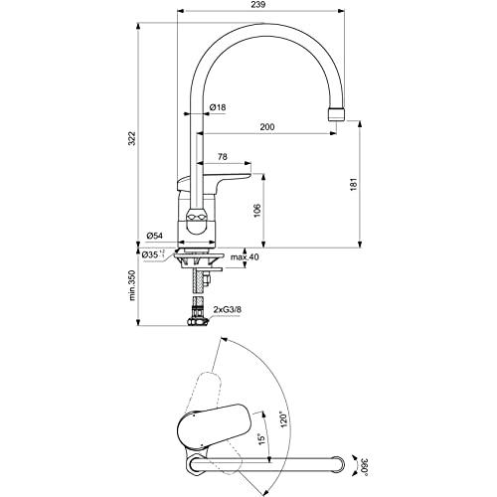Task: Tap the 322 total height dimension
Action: [132, 138]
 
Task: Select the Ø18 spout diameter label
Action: [218, 107]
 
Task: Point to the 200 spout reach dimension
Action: [267, 127]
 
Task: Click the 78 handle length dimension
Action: [223, 157]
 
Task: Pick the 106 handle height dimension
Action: [257, 211]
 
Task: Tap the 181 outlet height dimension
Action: [354, 184]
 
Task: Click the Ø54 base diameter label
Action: [154, 236]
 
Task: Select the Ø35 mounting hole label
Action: [153, 254]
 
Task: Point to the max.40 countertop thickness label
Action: [245, 256]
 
